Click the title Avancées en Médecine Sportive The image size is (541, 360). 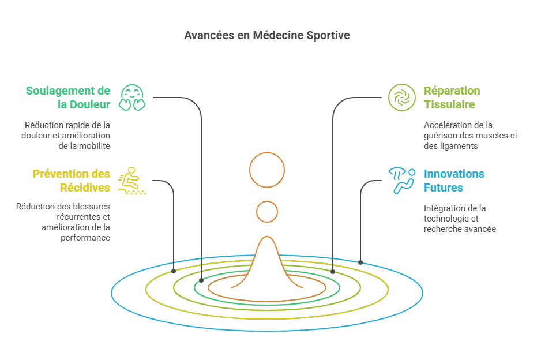[x=266, y=36]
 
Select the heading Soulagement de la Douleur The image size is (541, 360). [x=67, y=97]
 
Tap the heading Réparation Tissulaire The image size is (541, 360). [x=452, y=97]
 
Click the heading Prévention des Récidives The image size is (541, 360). [x=71, y=181]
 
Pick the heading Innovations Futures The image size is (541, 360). [x=454, y=181]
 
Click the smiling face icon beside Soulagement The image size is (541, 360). [x=132, y=97]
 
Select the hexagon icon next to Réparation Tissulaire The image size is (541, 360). [x=401, y=97]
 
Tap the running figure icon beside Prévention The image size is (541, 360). [x=132, y=181]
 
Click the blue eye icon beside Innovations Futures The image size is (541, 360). [x=401, y=181]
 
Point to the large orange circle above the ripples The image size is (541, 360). [x=267, y=170]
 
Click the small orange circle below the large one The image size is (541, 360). [x=267, y=212]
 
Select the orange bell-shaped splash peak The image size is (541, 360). [x=266, y=254]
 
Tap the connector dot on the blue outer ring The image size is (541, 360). [x=360, y=262]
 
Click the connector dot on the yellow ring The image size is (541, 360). [x=174, y=271]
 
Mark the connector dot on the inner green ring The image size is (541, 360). [x=201, y=280]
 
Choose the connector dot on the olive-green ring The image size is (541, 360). [x=333, y=271]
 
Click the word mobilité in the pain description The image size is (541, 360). [x=93, y=146]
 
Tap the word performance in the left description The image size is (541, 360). [x=85, y=237]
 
